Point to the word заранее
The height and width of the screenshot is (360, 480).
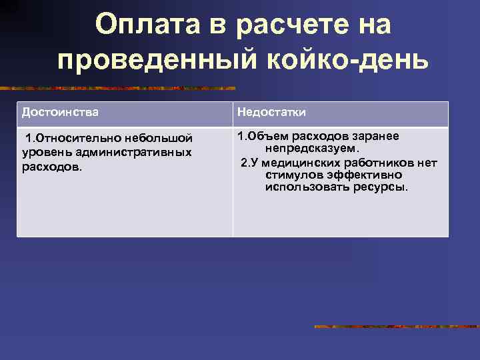point(375,136)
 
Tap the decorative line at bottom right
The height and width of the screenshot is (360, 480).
point(397,327)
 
